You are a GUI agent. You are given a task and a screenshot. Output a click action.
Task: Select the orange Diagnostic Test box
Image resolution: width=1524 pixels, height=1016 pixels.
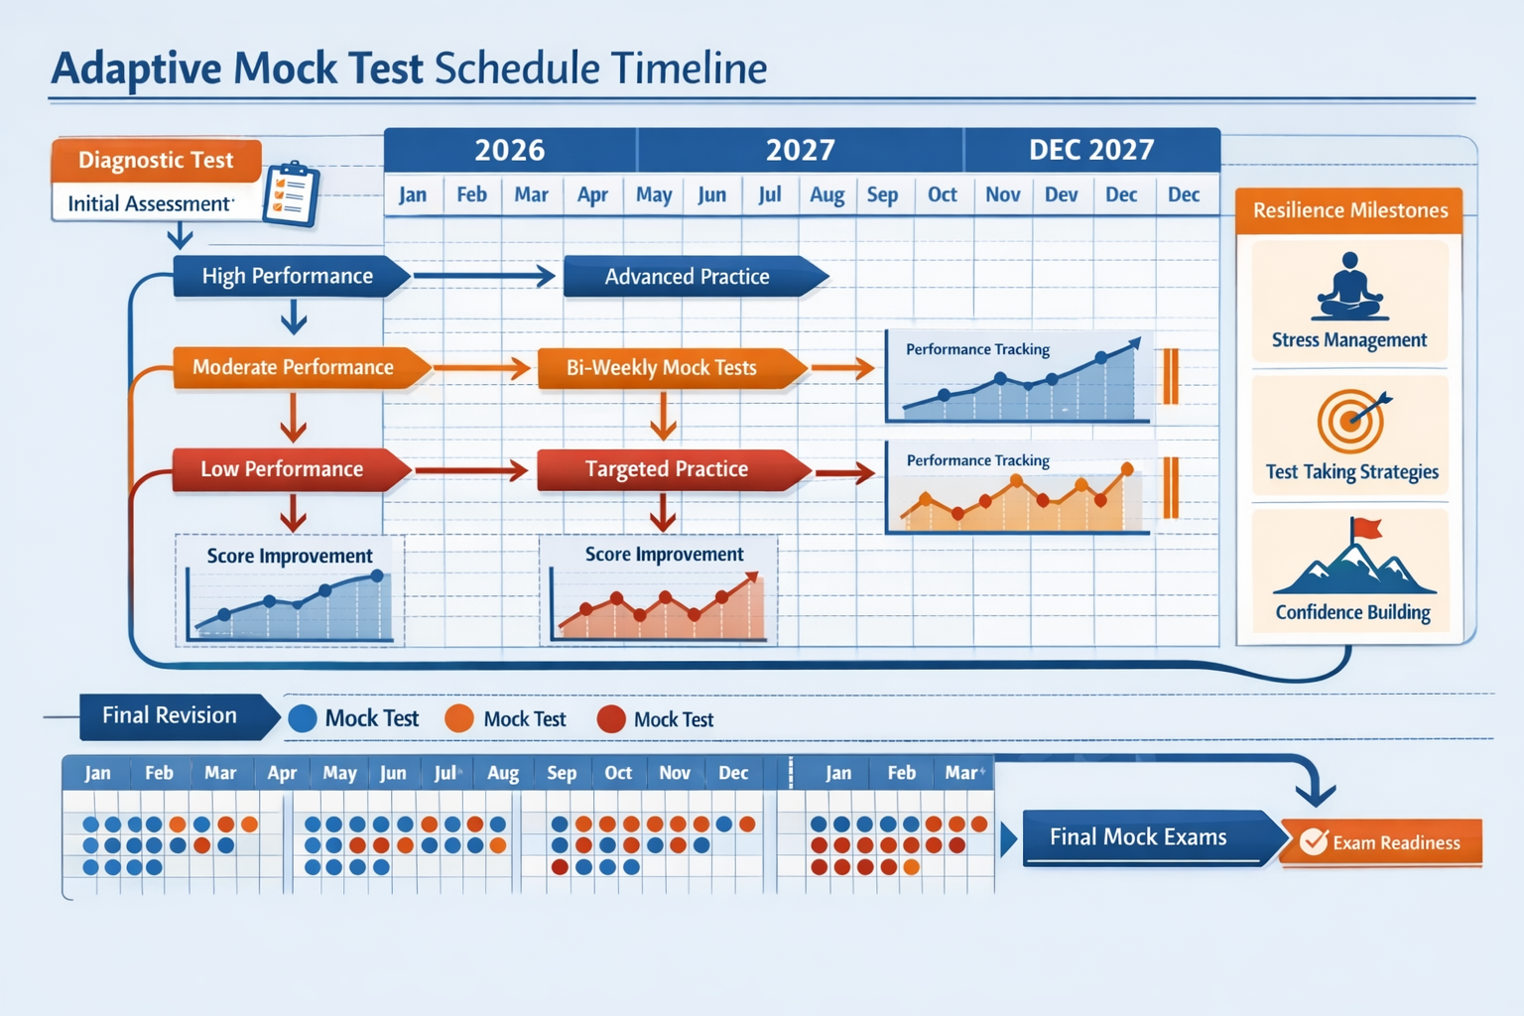pos(156,161)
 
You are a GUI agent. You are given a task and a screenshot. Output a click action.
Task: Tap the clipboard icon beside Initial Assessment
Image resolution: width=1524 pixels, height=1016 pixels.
pos(291,193)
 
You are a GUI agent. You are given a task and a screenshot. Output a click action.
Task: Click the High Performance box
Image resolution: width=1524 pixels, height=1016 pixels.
pos(288,276)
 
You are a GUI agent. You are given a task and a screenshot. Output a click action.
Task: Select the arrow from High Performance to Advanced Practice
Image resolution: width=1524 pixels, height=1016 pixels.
pos(484,276)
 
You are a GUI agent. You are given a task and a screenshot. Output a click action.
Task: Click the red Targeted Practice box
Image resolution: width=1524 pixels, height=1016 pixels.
pos(667,469)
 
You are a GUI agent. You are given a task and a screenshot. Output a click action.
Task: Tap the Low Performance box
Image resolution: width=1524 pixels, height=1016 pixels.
pos(284,469)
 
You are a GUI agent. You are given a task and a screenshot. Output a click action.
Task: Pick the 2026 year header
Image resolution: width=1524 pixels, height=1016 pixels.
pos(509,150)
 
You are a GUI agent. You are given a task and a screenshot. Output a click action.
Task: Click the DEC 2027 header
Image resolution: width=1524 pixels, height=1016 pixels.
pos(1091,150)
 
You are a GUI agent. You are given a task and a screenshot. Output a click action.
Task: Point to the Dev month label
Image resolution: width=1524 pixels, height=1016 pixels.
pos(1061,194)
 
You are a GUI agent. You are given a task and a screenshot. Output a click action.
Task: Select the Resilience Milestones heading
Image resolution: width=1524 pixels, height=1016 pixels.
pos(1349,210)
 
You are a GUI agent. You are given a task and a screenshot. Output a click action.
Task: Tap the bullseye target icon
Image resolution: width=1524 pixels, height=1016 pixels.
pos(1350,421)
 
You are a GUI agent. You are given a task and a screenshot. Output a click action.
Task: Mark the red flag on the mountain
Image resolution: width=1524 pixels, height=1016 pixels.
pos(1367,529)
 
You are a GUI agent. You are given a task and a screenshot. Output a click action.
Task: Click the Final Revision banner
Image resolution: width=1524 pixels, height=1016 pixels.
pos(171,715)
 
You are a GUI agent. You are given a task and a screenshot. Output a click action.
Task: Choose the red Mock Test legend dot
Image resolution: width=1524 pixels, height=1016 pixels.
pos(611,719)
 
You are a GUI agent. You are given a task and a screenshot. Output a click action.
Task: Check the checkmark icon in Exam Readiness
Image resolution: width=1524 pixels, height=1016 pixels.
pos(1314,841)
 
